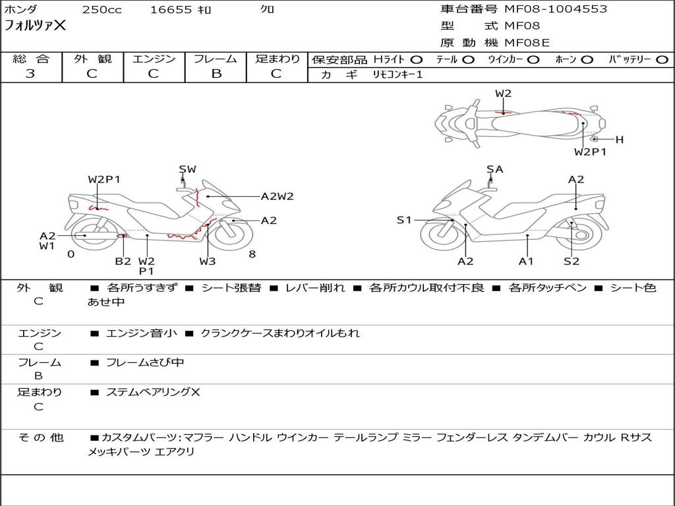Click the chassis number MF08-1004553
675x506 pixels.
click(556, 9)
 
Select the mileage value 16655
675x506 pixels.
click(171, 9)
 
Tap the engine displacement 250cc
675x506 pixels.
click(102, 9)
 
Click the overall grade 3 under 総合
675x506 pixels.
click(30, 74)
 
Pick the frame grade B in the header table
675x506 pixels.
click(216, 74)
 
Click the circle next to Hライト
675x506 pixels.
click(417, 60)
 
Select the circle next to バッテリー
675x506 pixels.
click(662, 60)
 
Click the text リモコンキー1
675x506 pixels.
click(397, 75)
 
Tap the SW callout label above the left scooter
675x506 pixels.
click(188, 169)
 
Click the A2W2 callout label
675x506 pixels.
click(278, 196)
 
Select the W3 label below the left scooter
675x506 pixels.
click(208, 261)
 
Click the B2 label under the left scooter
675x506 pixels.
click(123, 261)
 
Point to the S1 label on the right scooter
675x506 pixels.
click(404, 220)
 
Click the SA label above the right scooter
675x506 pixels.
click(495, 169)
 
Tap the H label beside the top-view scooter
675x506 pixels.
click(620, 140)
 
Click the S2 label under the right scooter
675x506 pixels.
click(572, 261)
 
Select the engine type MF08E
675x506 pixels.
click(527, 43)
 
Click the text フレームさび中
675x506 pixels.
click(145, 363)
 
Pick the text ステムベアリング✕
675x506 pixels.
click(153, 392)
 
